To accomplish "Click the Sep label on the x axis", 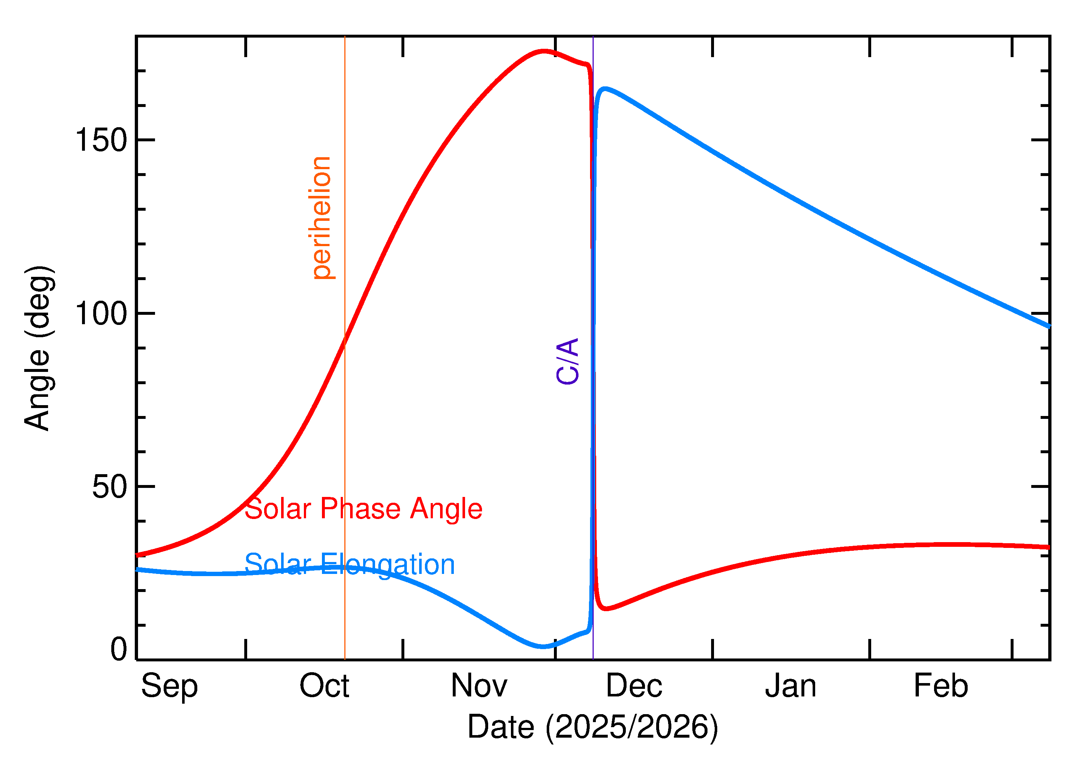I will [169, 687].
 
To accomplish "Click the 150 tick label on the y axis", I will [101, 141].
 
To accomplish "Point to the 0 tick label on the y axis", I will [119, 649].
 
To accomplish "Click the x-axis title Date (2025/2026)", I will [592, 727].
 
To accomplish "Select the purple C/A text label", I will [567, 361].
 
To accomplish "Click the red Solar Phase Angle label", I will [363, 509].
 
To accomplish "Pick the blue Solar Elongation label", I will [349, 565].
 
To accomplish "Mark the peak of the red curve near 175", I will [544, 51].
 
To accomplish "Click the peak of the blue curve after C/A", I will [605, 89].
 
